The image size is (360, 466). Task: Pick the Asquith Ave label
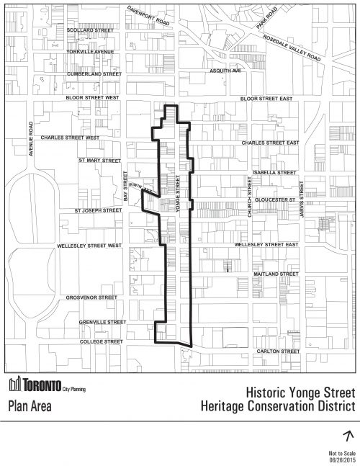221,71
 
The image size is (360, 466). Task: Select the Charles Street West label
70,136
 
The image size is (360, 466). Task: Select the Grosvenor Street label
91,297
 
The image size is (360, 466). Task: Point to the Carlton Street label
278,351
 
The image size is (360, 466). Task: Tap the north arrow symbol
348,435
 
